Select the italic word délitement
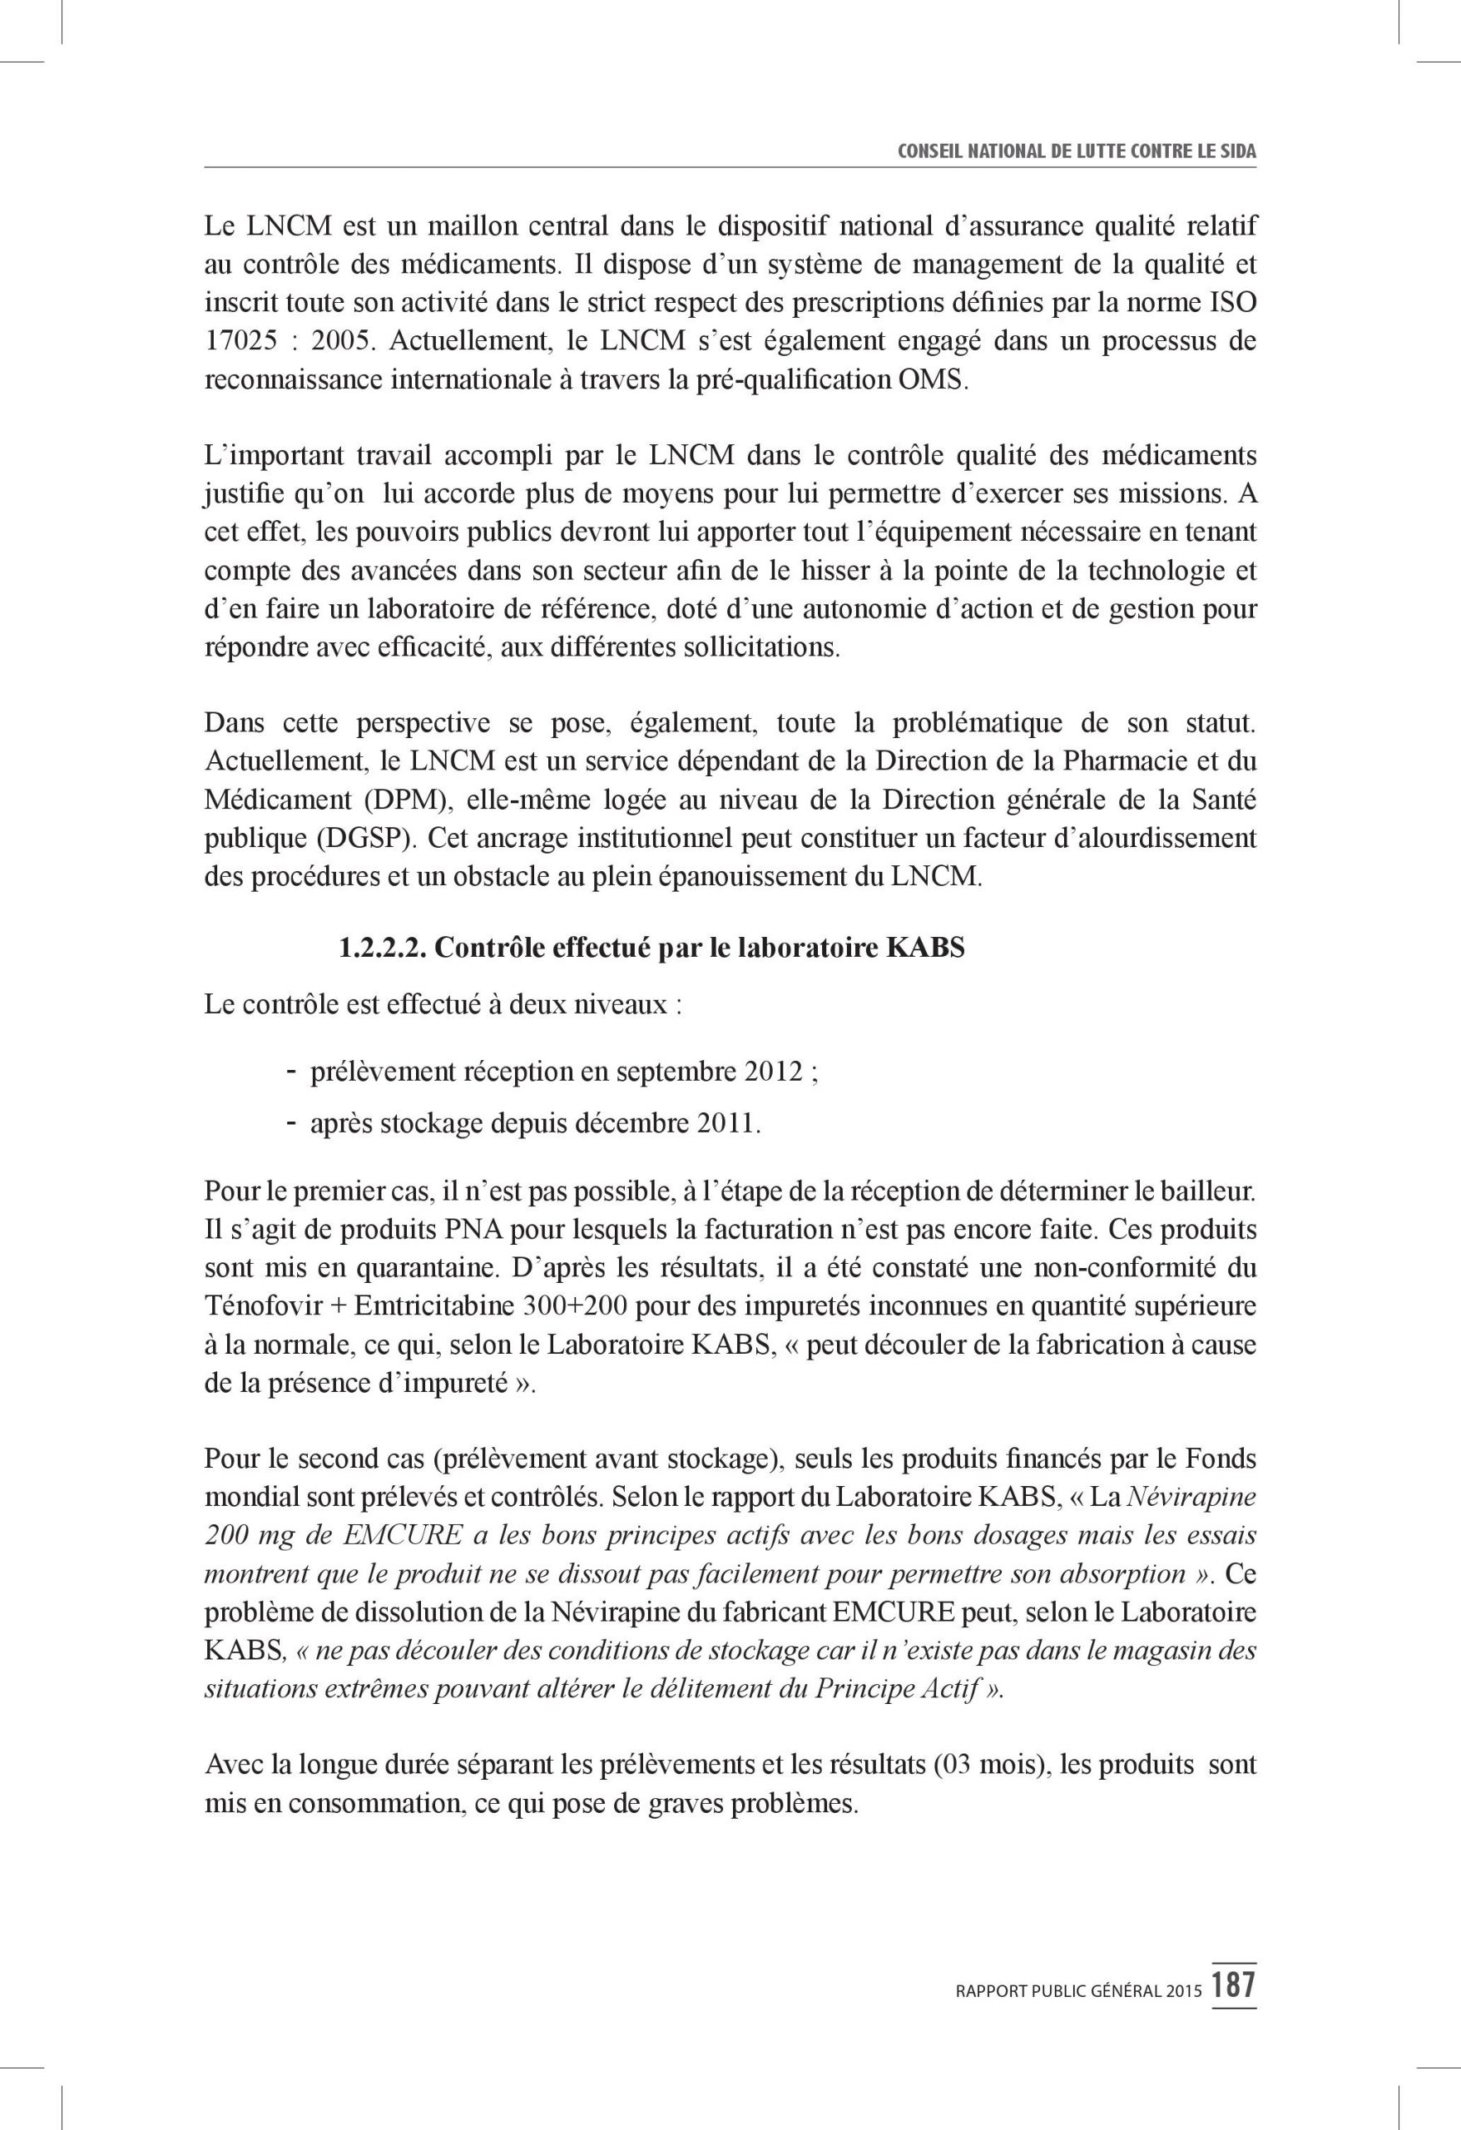(721, 1688)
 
